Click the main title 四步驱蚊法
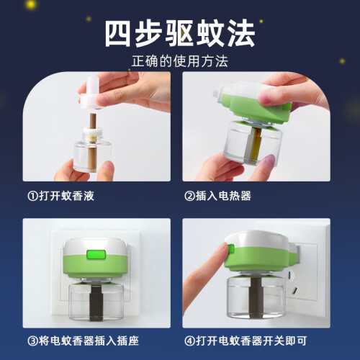(x=180, y=33)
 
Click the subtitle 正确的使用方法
(x=180, y=61)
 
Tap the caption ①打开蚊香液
(x=61, y=196)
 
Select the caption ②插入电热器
(x=218, y=196)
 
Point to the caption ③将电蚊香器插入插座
(x=84, y=341)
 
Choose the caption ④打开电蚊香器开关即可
(x=246, y=341)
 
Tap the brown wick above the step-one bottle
(x=93, y=121)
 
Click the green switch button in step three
(x=96, y=254)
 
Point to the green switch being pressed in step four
(x=231, y=249)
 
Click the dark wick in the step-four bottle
(x=256, y=297)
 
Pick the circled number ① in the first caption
(x=32, y=196)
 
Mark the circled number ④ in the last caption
(x=189, y=341)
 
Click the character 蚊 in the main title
(x=210, y=33)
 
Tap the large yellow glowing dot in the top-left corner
(x=30, y=4)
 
